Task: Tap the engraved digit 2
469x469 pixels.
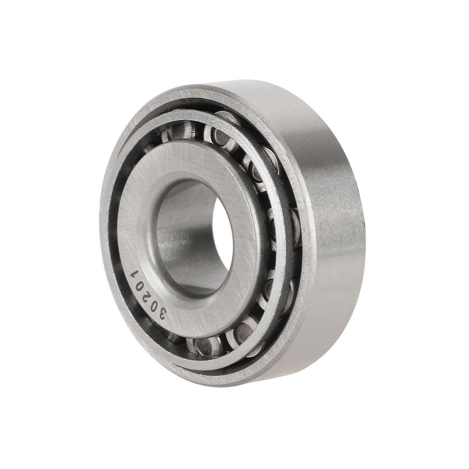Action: (146, 291)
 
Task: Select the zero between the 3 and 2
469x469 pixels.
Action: (153, 302)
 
